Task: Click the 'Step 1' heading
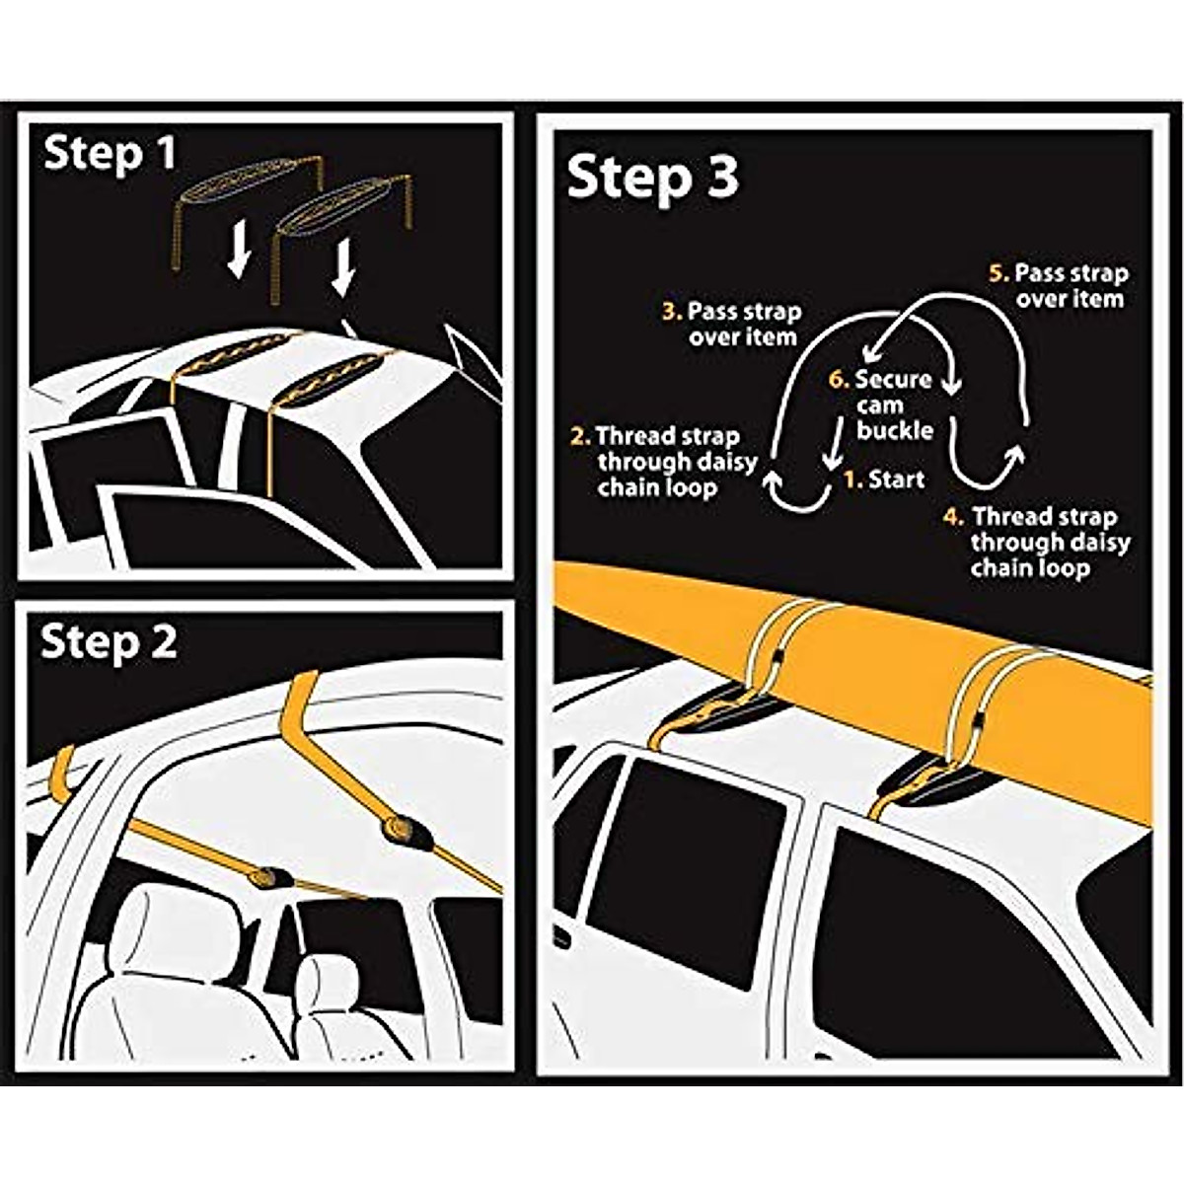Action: pos(110,155)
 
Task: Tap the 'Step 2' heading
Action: pos(109,642)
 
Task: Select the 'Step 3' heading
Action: pos(652,179)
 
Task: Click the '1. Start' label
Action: pos(884,480)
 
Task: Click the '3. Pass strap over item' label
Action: pos(732,324)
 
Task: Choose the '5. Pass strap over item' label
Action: pos(1059,285)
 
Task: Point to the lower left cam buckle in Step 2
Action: pos(269,875)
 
